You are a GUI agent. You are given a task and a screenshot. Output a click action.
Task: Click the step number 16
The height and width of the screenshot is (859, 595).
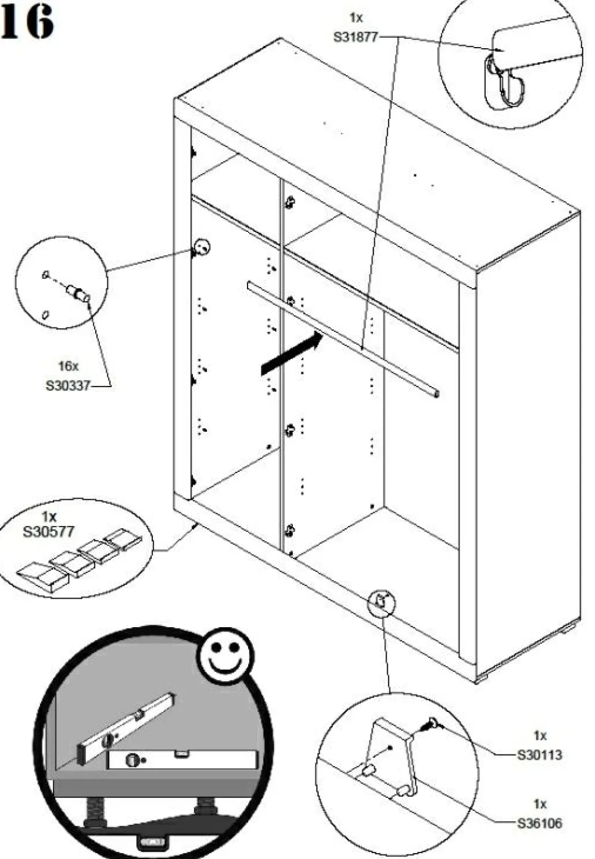tap(27, 22)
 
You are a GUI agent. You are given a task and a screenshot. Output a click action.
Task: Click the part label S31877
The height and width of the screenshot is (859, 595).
tap(355, 37)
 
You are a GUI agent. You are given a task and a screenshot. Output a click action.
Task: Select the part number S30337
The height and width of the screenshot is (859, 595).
tap(68, 385)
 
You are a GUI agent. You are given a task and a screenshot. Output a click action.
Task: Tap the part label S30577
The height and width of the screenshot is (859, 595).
tap(48, 531)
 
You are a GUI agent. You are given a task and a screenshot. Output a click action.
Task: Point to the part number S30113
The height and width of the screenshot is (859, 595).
tap(540, 754)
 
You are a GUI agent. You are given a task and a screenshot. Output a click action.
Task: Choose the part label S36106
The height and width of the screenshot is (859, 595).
tap(540, 823)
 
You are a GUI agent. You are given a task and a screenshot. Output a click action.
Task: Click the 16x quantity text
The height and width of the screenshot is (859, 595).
tap(68, 366)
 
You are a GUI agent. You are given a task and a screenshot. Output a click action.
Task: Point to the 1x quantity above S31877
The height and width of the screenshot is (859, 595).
tap(356, 19)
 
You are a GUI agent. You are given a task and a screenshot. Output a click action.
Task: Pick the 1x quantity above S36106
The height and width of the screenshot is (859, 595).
tap(540, 804)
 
